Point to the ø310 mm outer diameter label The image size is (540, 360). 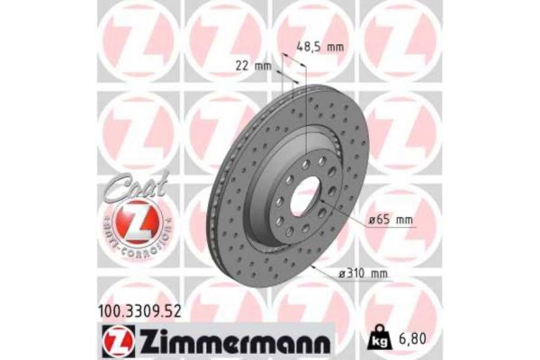point(365,273)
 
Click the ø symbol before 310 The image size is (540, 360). point(343,273)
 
